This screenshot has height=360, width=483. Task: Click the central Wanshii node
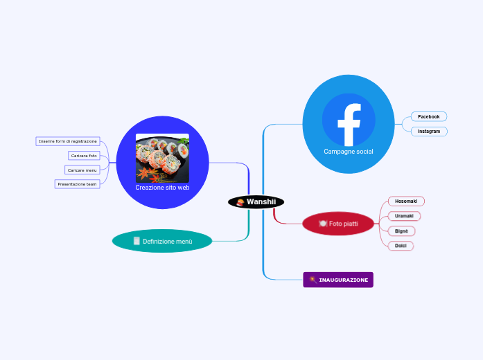click(x=256, y=201)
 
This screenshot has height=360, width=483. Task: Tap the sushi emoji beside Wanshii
click(x=240, y=202)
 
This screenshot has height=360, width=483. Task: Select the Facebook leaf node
click(x=429, y=116)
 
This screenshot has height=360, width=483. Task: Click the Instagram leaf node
click(x=429, y=131)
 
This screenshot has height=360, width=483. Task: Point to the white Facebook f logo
click(x=349, y=124)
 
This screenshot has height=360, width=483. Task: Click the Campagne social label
click(x=349, y=152)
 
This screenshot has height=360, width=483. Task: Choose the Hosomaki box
click(x=406, y=201)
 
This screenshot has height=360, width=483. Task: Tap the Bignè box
click(x=401, y=231)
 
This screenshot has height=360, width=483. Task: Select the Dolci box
click(x=401, y=246)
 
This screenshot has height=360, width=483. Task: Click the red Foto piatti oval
click(x=338, y=224)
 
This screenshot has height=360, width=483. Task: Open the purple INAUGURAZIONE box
click(x=338, y=280)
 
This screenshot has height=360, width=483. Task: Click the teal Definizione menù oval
click(x=162, y=241)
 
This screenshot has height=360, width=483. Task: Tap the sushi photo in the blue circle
click(x=162, y=158)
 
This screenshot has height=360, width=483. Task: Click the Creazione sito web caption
click(x=162, y=187)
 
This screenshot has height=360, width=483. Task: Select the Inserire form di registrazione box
click(x=68, y=141)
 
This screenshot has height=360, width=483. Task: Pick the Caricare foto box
click(x=84, y=156)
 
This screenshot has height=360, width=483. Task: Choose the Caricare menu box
click(x=82, y=170)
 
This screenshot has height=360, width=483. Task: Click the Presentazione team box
click(x=78, y=184)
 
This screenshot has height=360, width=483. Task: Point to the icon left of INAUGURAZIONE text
click(x=313, y=280)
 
